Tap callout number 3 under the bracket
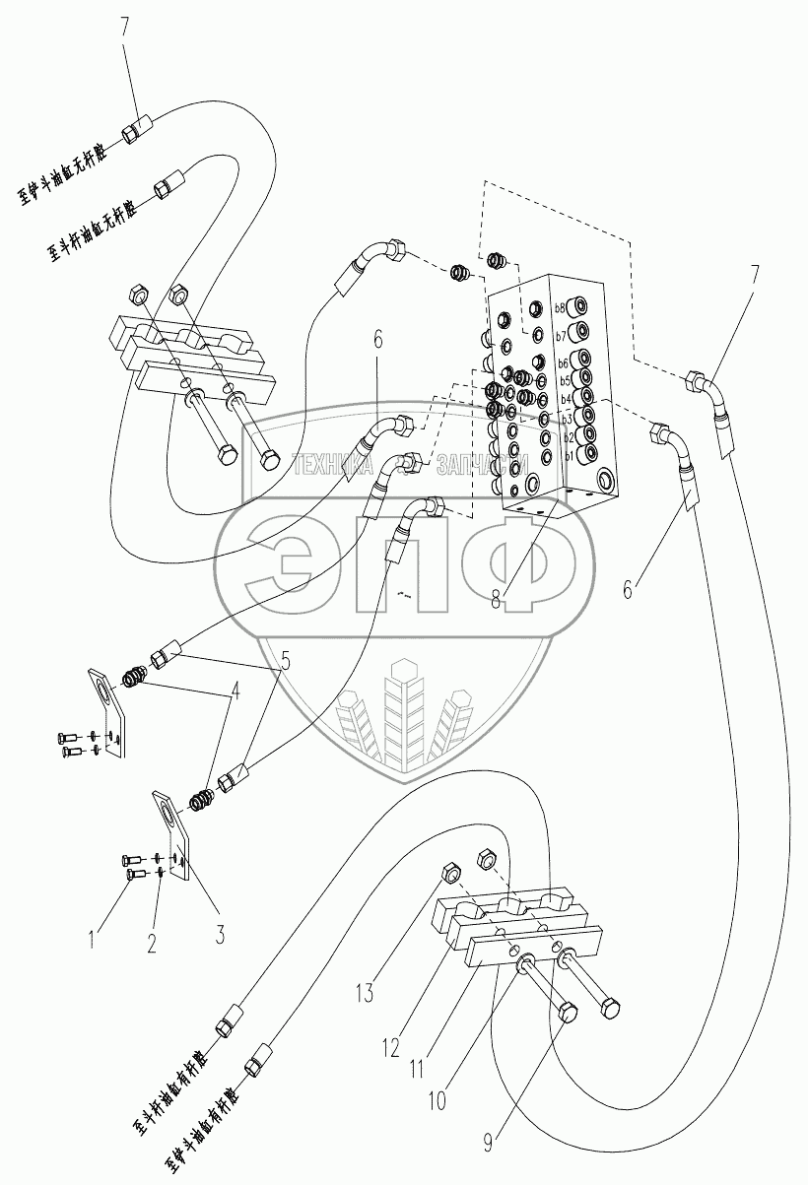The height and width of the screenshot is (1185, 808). click(x=219, y=934)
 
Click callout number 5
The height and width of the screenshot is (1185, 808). click(x=285, y=662)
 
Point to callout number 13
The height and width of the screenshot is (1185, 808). click(x=366, y=995)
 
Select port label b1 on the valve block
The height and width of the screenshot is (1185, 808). click(x=568, y=456)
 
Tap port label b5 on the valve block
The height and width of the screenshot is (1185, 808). click(x=565, y=381)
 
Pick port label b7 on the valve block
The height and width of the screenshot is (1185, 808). click(x=561, y=336)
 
